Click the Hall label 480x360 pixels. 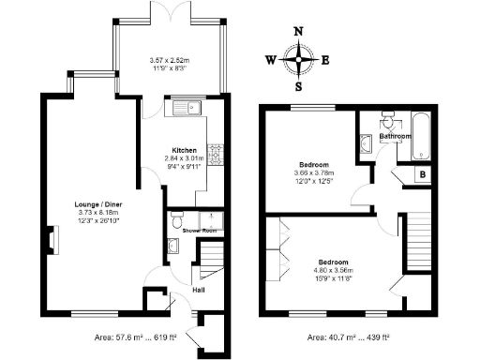click(x=199, y=289)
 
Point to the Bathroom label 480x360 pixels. click(x=395, y=137)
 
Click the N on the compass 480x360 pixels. click(x=299, y=31)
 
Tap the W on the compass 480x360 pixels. click(x=270, y=61)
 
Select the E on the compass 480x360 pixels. click(x=325, y=61)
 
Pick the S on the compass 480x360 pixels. click(x=299, y=88)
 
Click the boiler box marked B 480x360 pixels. click(x=423, y=174)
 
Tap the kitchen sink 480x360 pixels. click(x=187, y=109)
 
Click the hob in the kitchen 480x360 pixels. click(x=215, y=151)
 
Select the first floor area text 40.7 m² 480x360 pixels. click(x=348, y=337)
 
